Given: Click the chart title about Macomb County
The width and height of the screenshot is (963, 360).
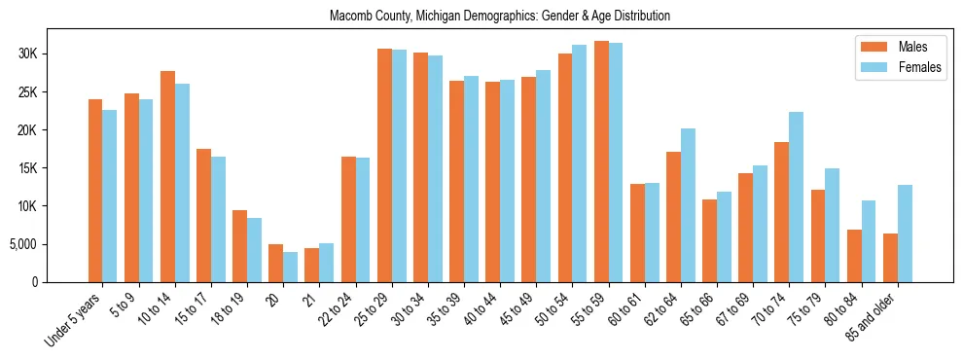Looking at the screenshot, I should [x=500, y=17].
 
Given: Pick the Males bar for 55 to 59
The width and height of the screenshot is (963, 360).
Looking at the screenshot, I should [x=601, y=162].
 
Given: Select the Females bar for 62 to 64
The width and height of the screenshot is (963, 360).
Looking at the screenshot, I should [x=688, y=205].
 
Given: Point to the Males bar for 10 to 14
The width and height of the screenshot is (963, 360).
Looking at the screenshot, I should [x=167, y=176].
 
